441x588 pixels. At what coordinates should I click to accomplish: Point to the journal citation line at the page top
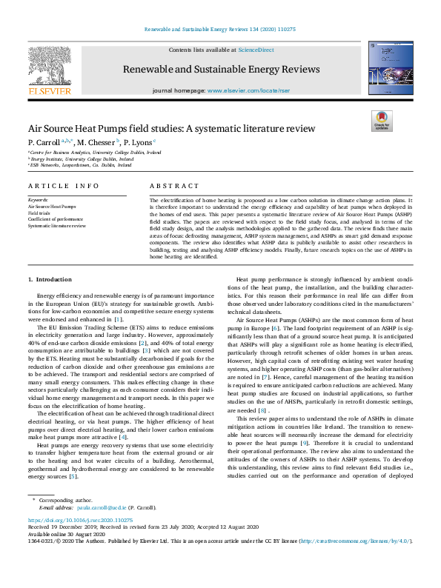tap(220, 30)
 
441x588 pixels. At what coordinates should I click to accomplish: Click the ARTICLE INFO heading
tap(64, 186)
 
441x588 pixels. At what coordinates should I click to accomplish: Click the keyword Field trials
tap(39, 213)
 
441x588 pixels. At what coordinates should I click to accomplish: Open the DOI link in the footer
tap(80, 521)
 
